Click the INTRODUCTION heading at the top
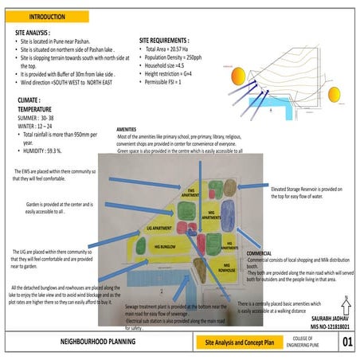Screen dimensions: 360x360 48,16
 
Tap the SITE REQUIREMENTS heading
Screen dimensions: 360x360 164,39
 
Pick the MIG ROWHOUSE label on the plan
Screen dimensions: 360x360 230,267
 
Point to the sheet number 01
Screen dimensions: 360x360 346,342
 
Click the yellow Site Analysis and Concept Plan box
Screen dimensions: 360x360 236,342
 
